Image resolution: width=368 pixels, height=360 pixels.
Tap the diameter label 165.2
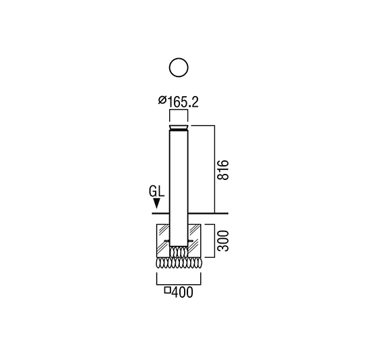(x=183, y=102)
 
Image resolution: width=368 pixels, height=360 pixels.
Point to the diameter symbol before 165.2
(x=162, y=100)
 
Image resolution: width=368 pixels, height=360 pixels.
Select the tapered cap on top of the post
(x=179, y=128)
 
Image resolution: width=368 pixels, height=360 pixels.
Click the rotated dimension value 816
(x=223, y=170)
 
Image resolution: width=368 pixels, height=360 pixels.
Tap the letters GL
(x=156, y=191)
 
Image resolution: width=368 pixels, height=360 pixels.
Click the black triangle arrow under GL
(x=156, y=204)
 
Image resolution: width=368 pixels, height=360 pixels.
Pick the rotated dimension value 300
(x=223, y=241)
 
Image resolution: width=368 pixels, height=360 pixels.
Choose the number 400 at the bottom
(x=183, y=292)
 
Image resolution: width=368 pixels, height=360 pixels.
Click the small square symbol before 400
(x=167, y=290)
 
